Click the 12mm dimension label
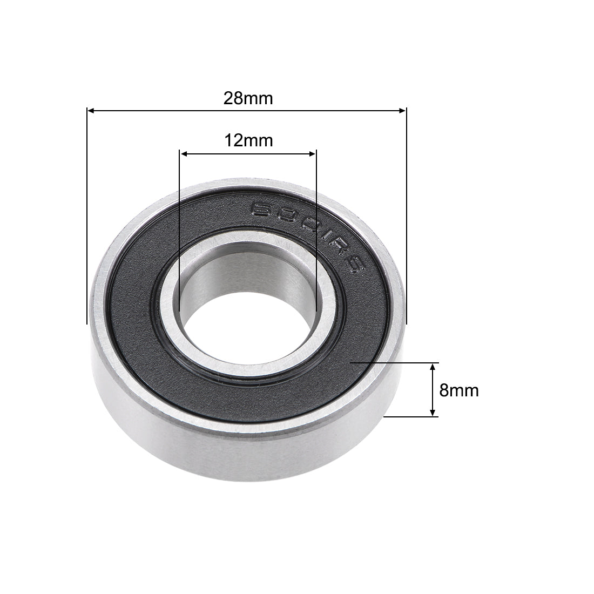pyautogui.click(x=248, y=141)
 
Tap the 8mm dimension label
pyautogui.click(x=459, y=390)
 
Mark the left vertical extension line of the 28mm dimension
pyautogui.click(x=86, y=216)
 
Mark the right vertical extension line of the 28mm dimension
pyautogui.click(x=406, y=216)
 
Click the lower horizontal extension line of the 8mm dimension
pyautogui.click(x=410, y=417)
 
